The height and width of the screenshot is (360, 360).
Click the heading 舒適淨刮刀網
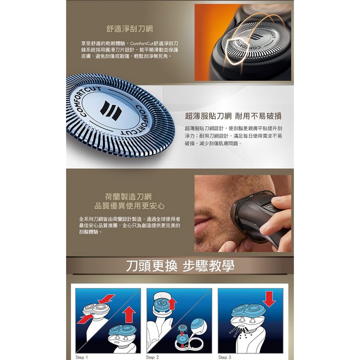pos(130,29)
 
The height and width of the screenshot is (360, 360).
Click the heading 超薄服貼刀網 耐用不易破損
pos(233,116)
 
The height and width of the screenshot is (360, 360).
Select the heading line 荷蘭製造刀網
pos(128,197)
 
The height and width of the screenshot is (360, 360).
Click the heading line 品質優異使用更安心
pos(129,206)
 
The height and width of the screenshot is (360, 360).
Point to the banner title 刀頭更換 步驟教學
pos(180,266)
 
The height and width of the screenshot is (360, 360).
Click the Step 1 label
pos(82,357)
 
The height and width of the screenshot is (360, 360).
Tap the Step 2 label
pos(152,357)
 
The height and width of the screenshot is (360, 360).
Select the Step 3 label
pos(225,357)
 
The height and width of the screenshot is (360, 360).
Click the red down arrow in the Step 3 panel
pos(269,299)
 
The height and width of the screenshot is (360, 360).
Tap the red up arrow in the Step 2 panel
pos(172,304)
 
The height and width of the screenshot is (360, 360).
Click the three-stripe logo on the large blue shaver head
pos(111,110)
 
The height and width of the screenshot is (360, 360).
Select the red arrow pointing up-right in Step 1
pos(86,319)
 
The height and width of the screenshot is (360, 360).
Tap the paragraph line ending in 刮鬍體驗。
pos(90,232)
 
